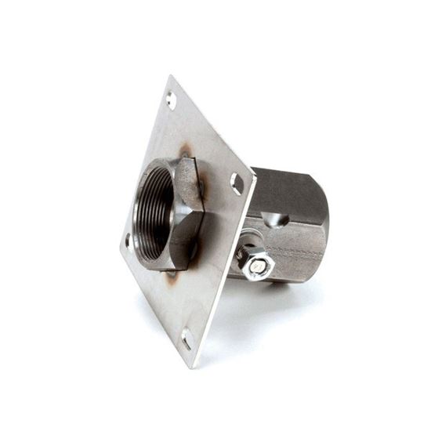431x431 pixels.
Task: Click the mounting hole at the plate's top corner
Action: (x=171, y=100)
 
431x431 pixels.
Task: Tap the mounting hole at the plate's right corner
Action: (x=237, y=183)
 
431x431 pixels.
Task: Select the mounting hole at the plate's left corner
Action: (x=128, y=241)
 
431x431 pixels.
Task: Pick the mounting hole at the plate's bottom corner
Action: (x=187, y=339)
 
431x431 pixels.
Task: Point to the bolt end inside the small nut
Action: (x=255, y=265)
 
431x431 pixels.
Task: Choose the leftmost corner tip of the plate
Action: (x=120, y=250)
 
